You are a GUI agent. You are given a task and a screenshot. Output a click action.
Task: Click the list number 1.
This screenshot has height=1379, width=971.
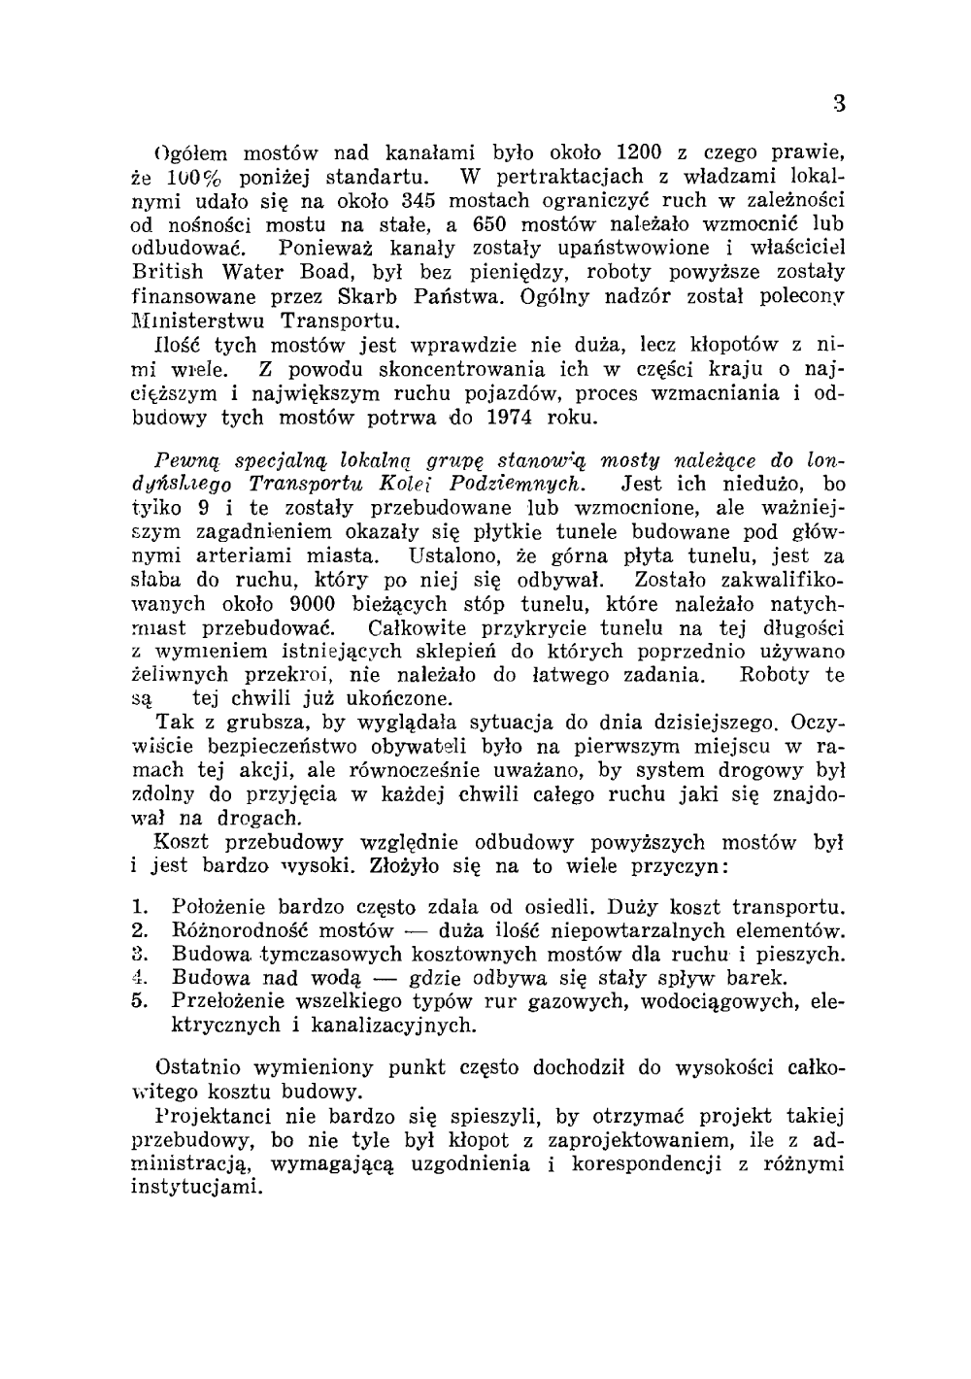139,908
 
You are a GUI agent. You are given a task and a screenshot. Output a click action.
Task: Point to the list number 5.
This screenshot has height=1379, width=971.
139,1000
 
